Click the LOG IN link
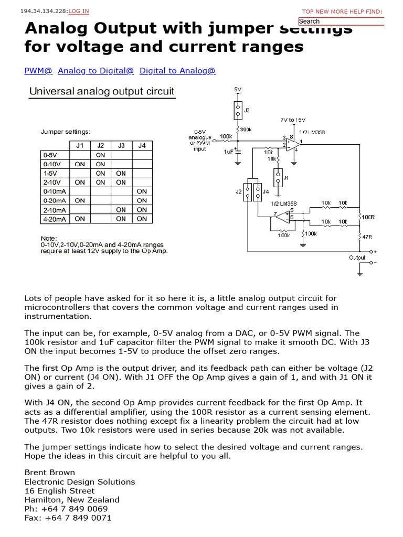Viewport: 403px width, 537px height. point(79,11)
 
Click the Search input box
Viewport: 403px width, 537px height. point(341,22)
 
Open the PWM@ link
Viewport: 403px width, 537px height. point(38,71)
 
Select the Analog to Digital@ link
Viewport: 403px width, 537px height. point(96,71)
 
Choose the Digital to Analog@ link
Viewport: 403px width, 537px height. point(177,71)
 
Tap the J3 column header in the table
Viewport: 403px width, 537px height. point(121,145)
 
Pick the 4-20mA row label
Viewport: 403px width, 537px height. point(55,219)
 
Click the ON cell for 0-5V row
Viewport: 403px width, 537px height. point(100,155)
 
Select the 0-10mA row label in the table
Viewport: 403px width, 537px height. point(55,191)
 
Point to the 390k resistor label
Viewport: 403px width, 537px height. point(246,130)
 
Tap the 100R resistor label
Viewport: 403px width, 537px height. point(368,217)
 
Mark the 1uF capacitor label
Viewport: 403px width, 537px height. point(228,152)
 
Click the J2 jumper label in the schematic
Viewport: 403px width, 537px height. point(239,192)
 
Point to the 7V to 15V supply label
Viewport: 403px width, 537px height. point(293,120)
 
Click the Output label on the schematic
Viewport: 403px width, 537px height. point(357,257)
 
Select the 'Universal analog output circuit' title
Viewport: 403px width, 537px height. point(101,91)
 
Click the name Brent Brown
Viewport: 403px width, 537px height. point(50,472)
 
